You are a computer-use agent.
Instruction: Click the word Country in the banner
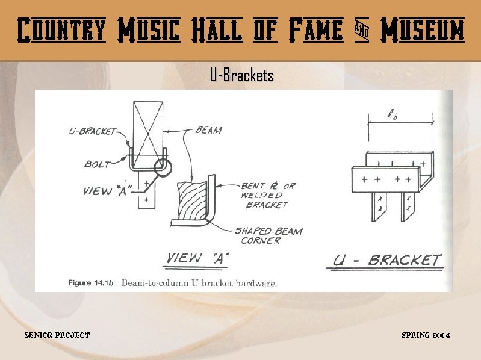tap(61, 30)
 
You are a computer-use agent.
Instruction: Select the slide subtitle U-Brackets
tap(241, 76)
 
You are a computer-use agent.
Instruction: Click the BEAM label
tap(208, 130)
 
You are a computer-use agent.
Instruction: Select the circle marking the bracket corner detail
tap(161, 166)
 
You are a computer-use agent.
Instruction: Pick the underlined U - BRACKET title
tap(388, 261)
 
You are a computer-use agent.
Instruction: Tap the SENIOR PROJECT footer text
tap(57, 335)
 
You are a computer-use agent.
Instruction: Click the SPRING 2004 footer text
tap(426, 335)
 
